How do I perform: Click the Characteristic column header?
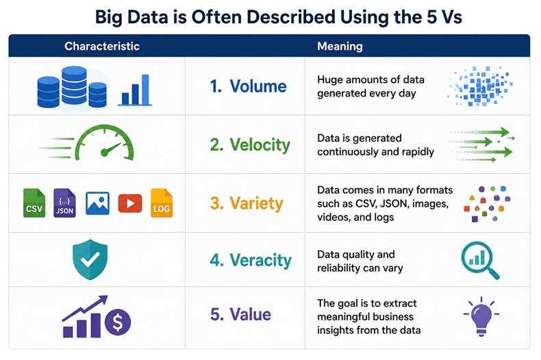(102, 47)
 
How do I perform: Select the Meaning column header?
(340, 47)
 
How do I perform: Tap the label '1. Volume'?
(248, 86)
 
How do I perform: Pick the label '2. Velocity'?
(250, 145)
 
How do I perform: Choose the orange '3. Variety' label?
(247, 203)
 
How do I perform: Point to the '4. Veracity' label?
(251, 260)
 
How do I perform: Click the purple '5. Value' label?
(241, 314)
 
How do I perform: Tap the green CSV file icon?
(34, 203)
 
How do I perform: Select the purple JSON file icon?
(64, 203)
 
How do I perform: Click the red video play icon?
(130, 203)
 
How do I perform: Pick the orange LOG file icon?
(162, 203)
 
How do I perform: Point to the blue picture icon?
(98, 203)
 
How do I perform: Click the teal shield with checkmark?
(90, 259)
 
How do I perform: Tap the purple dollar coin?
(118, 322)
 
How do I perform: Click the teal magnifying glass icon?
(480, 259)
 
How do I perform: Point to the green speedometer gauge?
(105, 143)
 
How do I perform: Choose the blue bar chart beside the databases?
(135, 90)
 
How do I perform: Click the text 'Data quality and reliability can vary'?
(360, 261)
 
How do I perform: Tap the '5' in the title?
(432, 17)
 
